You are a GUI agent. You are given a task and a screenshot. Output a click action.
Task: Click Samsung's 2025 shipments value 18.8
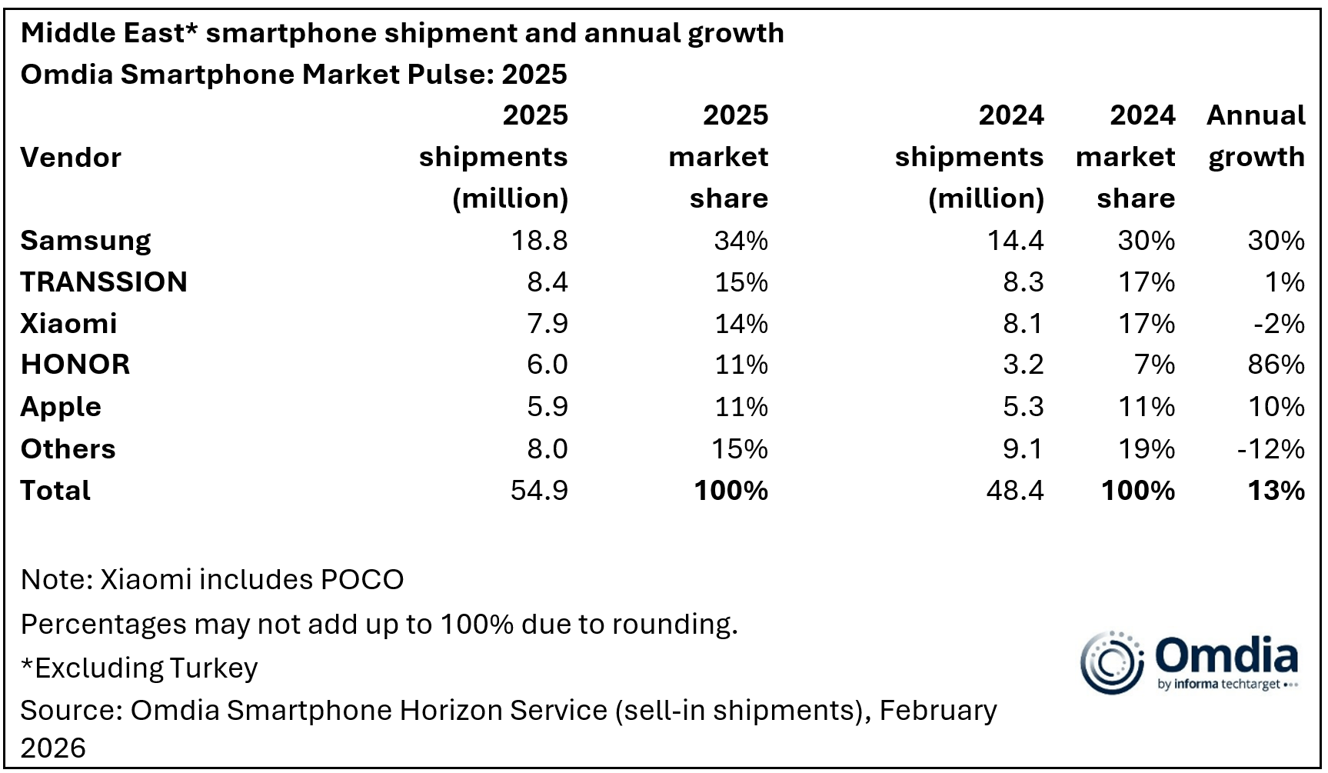tap(539, 241)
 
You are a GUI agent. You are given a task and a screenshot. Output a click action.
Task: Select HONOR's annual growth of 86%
tap(1276, 365)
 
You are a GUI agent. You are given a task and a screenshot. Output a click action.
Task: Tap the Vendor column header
tap(71, 158)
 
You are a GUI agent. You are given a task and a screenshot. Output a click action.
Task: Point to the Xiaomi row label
tap(68, 324)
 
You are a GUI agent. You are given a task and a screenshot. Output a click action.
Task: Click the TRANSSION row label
tap(104, 282)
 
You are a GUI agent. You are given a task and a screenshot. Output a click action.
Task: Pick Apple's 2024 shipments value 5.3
tap(1023, 407)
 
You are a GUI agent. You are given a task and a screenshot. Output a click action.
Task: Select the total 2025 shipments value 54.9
tap(539, 491)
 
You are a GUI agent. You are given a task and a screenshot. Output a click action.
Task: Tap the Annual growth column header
tap(1256, 136)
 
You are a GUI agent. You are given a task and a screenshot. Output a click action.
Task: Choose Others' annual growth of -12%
tap(1270, 449)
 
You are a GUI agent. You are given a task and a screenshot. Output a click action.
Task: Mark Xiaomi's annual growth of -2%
tap(1279, 324)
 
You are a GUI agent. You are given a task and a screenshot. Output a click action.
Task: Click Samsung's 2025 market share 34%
tap(741, 241)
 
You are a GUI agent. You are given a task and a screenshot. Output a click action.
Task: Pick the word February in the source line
tap(937, 711)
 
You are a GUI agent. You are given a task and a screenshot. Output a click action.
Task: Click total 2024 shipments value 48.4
tap(1014, 491)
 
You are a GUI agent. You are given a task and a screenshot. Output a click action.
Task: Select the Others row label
tap(68, 449)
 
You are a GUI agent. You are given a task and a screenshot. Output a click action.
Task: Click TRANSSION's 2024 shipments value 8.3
tap(1023, 282)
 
